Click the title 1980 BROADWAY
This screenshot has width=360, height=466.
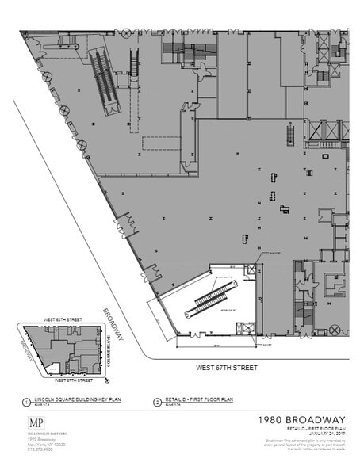coord(302,419)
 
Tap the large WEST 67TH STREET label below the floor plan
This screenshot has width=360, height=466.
coord(228,368)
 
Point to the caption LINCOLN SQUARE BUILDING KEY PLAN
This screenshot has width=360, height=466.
coord(69,400)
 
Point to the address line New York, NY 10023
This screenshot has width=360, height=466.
coord(43,444)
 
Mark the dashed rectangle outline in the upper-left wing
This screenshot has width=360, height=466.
coord(161,143)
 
